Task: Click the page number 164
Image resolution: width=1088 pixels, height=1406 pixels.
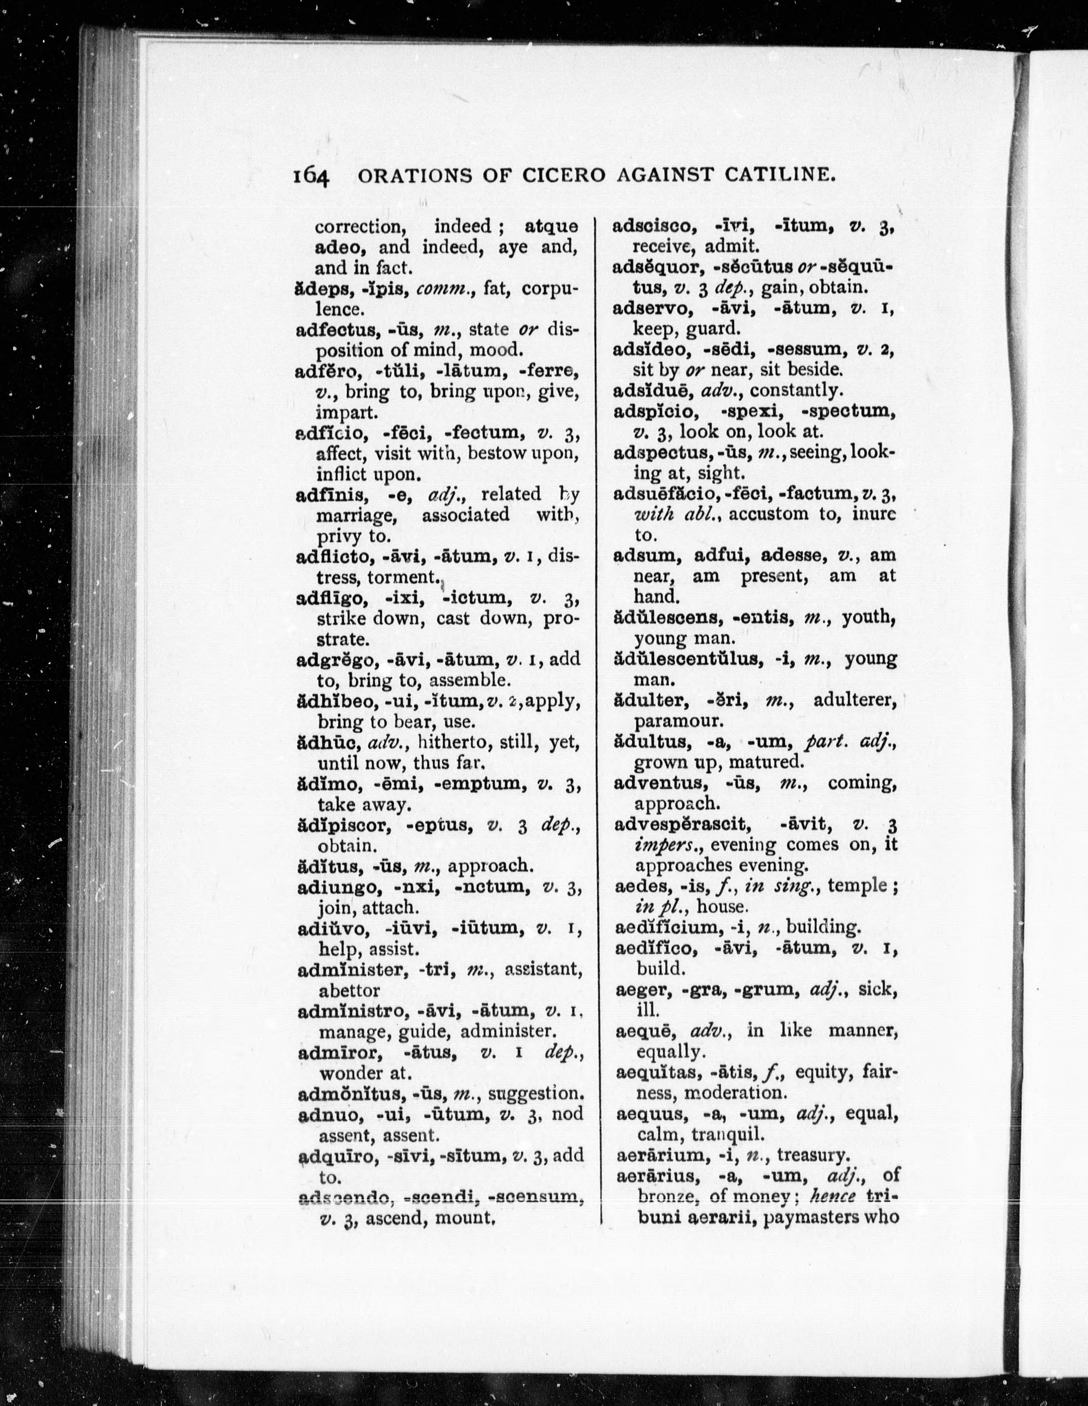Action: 311,176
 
